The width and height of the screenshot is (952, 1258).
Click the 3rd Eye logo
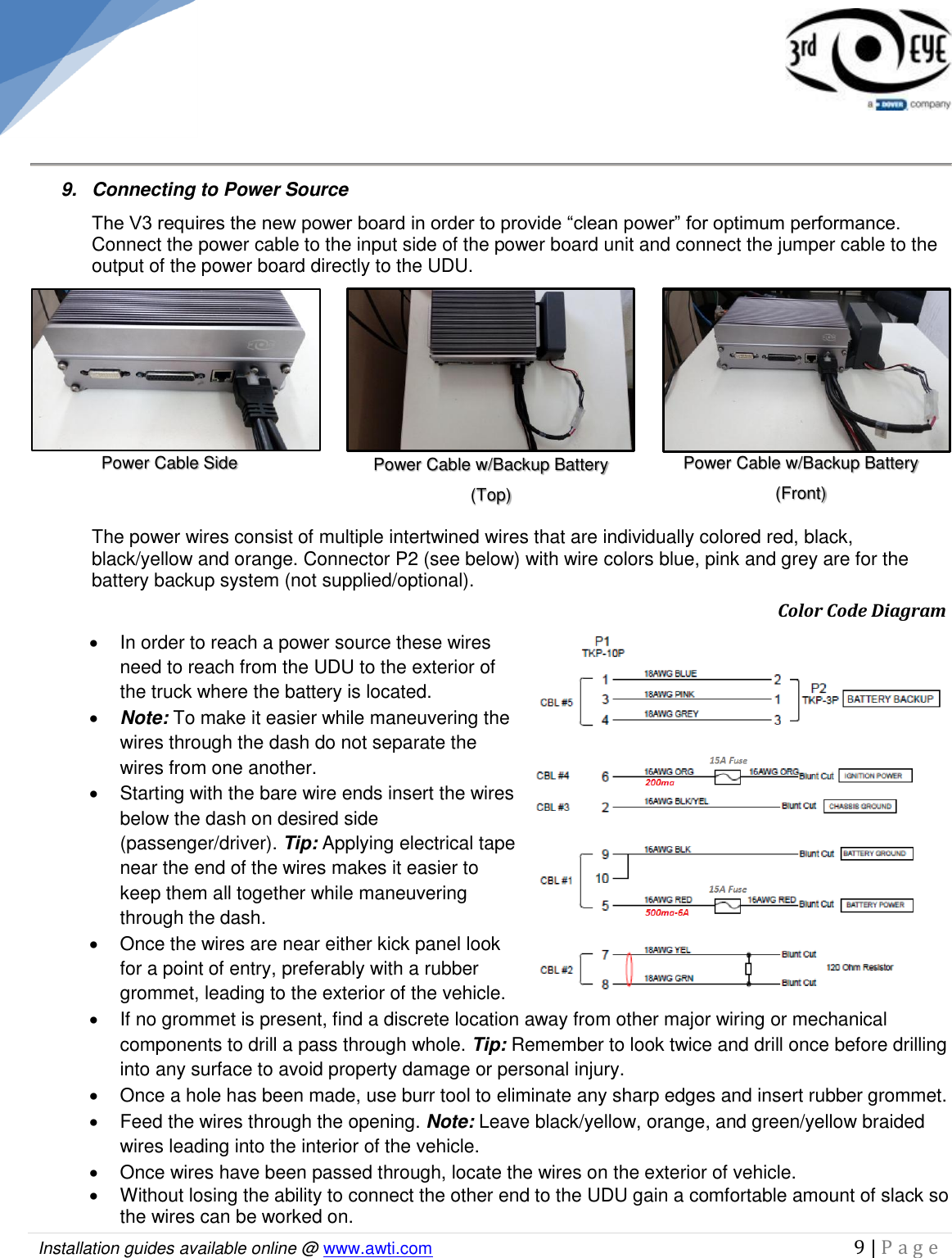tap(867, 53)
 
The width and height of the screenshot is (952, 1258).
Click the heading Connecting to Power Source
tap(220, 189)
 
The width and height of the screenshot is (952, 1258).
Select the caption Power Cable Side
tap(169, 463)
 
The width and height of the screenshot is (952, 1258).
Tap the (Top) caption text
tap(490, 495)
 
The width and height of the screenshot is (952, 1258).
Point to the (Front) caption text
tap(801, 493)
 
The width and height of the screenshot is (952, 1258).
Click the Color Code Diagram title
tap(861, 611)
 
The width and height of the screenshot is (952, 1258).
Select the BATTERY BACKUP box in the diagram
tap(890, 699)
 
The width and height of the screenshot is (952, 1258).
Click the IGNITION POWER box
tap(874, 776)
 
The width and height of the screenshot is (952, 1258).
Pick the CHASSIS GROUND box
tap(860, 806)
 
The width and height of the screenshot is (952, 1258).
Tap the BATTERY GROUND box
tap(874, 853)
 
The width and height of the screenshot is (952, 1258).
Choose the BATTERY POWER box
tap(875, 905)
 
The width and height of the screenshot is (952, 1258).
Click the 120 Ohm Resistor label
tap(859, 967)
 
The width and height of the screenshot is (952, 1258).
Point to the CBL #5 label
tap(556, 703)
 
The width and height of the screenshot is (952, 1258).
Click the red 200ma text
tap(659, 783)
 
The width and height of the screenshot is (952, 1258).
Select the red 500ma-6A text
tap(666, 912)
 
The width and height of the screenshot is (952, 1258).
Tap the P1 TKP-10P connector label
tap(602, 647)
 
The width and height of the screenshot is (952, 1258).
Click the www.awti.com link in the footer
tap(377, 1248)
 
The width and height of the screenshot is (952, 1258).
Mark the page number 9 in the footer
tap(859, 1247)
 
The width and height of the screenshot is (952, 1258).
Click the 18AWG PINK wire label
tap(669, 694)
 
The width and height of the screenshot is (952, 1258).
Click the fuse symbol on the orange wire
tap(727, 776)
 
